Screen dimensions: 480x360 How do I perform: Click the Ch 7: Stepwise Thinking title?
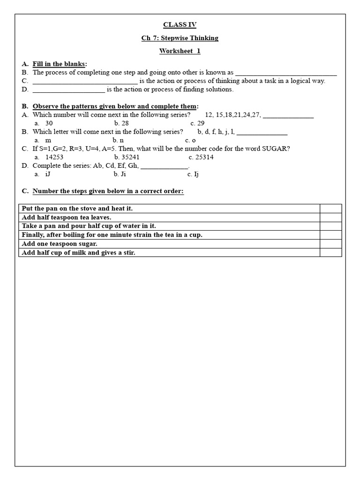[x=180, y=38]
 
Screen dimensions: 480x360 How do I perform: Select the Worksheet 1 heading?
[x=180, y=51]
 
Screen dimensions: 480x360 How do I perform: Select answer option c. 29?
[x=197, y=123]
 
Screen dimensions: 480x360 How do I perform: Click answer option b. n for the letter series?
[x=118, y=140]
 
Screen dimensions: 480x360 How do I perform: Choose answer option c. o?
[x=190, y=140]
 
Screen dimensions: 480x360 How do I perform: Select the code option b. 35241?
[x=127, y=157]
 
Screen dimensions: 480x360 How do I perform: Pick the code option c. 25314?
[x=201, y=157]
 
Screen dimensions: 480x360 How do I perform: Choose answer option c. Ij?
[x=193, y=174]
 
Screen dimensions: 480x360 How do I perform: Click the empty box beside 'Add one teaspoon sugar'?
[x=330, y=244]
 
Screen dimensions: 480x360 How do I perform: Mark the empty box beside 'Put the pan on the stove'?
[x=330, y=209]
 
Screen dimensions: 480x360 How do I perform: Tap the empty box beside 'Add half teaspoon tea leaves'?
[x=330, y=217]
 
